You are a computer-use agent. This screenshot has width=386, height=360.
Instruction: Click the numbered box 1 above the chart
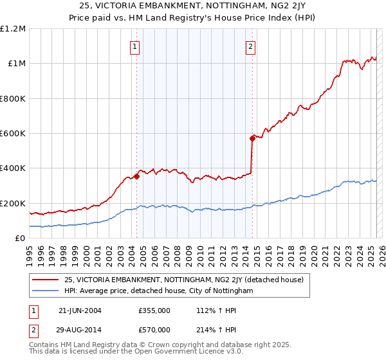[134, 46]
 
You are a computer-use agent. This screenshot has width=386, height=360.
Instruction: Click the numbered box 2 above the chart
[250, 46]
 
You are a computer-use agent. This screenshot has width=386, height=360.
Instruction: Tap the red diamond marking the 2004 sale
[137, 175]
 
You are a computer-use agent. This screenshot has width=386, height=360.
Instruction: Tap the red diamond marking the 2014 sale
[252, 138]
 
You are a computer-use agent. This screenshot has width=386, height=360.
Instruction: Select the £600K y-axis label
[13, 134]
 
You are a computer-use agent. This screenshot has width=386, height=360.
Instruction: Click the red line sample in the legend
[46, 280]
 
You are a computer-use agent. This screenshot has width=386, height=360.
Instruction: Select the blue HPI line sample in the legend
[46, 291]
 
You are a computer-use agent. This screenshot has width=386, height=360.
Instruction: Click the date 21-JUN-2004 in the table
[80, 310]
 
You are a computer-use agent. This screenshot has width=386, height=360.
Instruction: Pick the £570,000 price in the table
[154, 329]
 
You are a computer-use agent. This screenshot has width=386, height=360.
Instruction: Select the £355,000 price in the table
[154, 310]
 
